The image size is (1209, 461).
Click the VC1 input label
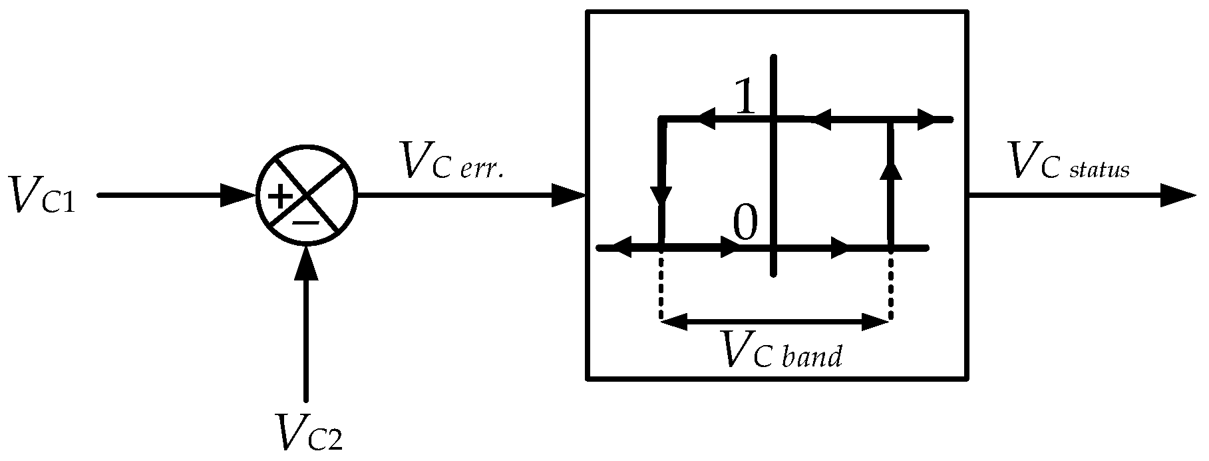41,195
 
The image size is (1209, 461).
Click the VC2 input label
309,433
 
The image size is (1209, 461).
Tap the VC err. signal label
451,161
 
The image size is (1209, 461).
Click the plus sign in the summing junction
280,197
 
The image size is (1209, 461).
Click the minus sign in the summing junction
306,222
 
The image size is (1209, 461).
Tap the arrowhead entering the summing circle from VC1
240,196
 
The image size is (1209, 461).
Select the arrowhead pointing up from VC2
306,263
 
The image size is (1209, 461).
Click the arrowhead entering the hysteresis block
569,196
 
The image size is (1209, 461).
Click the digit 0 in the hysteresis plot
745,225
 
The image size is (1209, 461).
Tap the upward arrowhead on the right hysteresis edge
890,171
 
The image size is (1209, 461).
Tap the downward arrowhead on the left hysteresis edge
661,195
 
